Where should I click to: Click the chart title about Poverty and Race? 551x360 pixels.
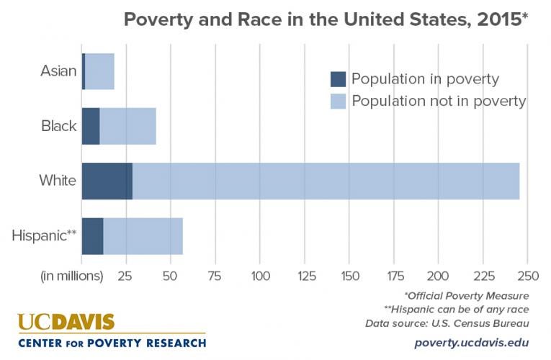[x=326, y=19]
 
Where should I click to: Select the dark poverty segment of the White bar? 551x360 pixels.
[x=107, y=181]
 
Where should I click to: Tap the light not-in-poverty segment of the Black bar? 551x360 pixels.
[x=127, y=126]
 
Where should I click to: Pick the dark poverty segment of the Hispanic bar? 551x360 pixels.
[x=92, y=235]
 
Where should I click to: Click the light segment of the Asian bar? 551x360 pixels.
[x=99, y=71]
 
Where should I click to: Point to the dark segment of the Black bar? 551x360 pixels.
[x=91, y=126]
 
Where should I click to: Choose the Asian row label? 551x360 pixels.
[x=58, y=71]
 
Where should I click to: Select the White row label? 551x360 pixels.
[x=58, y=181]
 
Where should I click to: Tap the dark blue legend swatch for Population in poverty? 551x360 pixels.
[x=339, y=79]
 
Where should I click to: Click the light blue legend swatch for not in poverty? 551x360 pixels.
[x=339, y=101]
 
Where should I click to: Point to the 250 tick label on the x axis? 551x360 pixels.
[x=528, y=276]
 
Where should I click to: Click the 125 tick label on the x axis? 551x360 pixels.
[x=305, y=276]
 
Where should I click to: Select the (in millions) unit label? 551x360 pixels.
[x=71, y=276]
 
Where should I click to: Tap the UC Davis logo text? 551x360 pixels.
[x=66, y=322]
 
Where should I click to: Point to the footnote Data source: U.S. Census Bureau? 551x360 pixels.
[x=462, y=322]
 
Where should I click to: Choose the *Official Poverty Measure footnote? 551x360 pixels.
[x=467, y=295]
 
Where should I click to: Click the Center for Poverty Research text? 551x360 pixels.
[x=112, y=342]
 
